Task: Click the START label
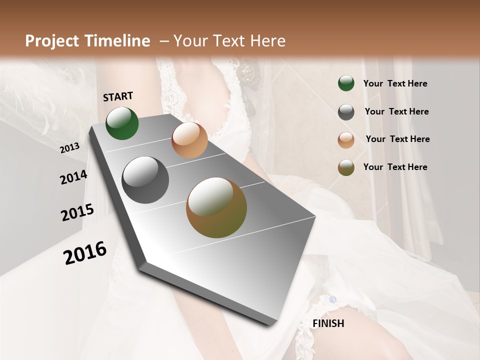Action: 118,96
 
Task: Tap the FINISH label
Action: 328,323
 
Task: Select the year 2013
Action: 69,148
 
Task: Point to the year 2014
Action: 73,177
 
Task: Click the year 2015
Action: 77,212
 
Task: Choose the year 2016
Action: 85,252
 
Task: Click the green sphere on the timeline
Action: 122,123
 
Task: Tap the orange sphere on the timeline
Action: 189,140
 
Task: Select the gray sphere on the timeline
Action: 145,180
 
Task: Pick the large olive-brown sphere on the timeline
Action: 216,207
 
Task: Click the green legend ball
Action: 346,83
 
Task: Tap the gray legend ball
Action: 346,112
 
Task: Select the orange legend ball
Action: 346,140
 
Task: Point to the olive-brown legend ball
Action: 346,167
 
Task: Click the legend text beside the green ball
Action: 395,84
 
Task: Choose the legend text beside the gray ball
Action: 396,111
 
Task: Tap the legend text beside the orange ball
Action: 397,139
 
